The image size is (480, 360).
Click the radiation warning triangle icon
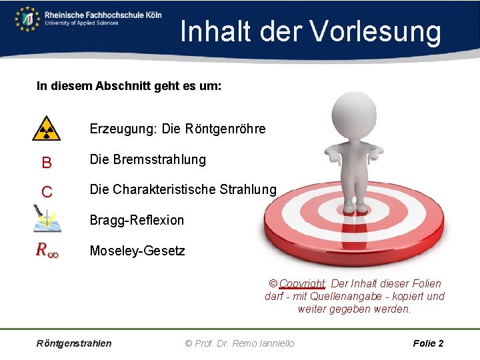tap(46, 129)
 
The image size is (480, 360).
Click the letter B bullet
tap(46, 162)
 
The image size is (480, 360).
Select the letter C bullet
tap(46, 192)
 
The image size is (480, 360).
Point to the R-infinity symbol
tap(47, 251)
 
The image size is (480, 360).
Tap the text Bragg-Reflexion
tap(137, 220)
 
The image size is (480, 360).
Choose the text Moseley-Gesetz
tap(137, 251)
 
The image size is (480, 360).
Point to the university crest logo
tap(27, 18)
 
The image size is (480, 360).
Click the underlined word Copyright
tap(301, 283)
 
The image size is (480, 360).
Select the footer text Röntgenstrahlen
tap(74, 343)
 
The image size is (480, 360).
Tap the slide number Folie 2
tap(428, 343)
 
